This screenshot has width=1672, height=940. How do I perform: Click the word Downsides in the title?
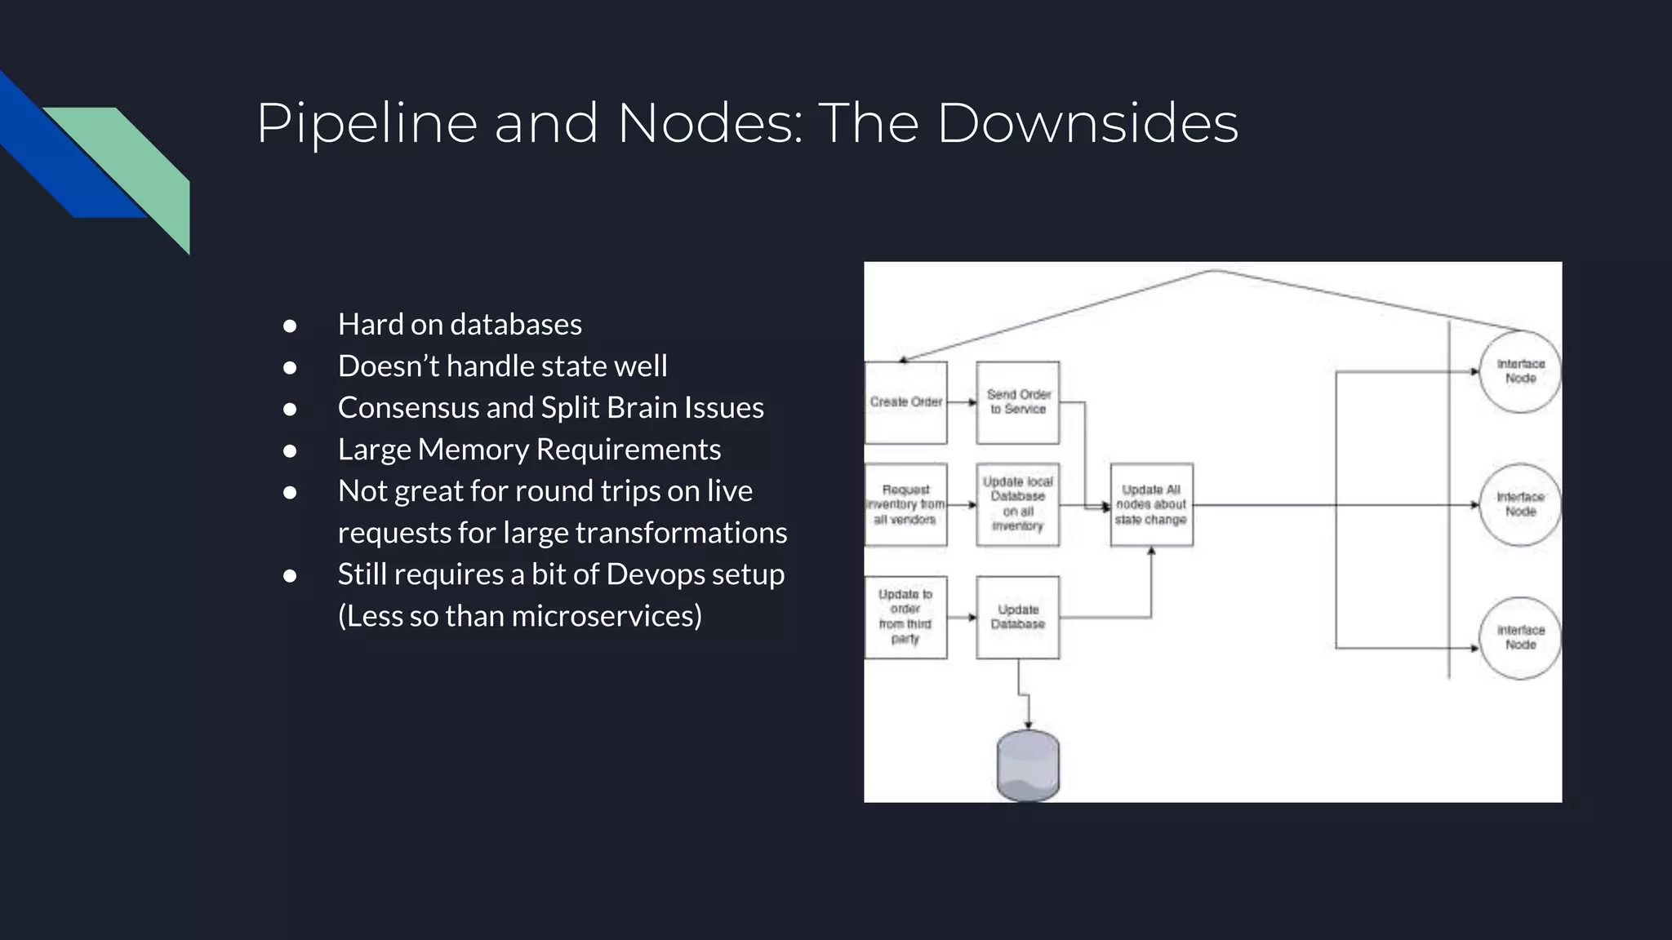click(x=1087, y=124)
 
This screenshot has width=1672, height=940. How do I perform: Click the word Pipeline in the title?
click(x=367, y=124)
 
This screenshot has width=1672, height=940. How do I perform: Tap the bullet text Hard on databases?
click(x=460, y=325)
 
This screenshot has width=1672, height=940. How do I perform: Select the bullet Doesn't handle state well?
click(x=502, y=366)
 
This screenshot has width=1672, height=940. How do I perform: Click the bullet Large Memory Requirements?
click(x=529, y=450)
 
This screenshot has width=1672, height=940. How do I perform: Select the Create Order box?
click(x=905, y=402)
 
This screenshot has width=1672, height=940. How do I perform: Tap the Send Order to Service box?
click(x=1017, y=402)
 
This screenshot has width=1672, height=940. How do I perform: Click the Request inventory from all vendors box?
click(x=905, y=505)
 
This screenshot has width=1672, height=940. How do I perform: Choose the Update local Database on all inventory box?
click(x=1017, y=505)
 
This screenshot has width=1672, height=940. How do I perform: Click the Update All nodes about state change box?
click(x=1151, y=505)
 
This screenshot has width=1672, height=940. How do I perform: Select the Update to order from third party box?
click(x=905, y=617)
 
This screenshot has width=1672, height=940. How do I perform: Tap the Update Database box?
click(x=1017, y=617)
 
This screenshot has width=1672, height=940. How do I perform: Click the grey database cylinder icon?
click(x=1028, y=765)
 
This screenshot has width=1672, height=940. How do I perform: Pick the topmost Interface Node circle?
click(x=1520, y=371)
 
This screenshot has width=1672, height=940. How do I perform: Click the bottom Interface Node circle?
click(x=1520, y=638)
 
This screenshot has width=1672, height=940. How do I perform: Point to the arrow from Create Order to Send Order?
click(x=962, y=402)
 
